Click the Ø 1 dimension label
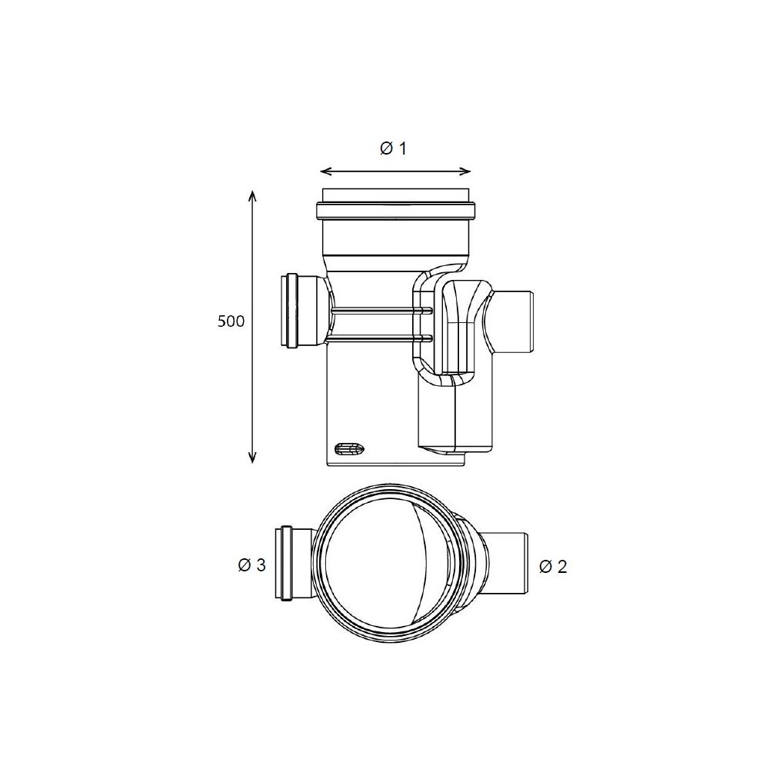pos(393,148)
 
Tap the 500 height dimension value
pos(231,321)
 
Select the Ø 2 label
pos(553,567)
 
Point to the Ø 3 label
pos(251,565)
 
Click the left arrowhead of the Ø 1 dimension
pos(325,171)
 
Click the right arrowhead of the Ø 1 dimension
pos(466,171)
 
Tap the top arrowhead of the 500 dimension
pos(252,196)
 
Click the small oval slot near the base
pos(348,448)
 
